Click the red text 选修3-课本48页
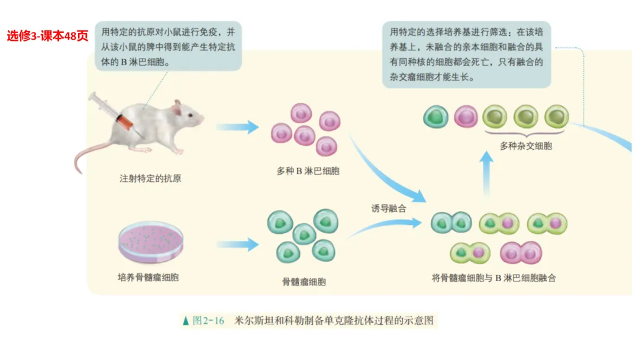[x=47, y=36]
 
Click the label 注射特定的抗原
[x=150, y=178]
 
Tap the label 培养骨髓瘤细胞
[x=148, y=277]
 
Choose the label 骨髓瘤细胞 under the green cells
[x=304, y=282]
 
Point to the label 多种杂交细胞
[x=525, y=146]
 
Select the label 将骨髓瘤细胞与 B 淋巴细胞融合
[x=494, y=277]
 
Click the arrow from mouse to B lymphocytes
[x=237, y=127]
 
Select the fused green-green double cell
[x=451, y=223]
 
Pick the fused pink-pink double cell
[x=521, y=253]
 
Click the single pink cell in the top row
[x=466, y=116]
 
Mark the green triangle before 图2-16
[x=186, y=321]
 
